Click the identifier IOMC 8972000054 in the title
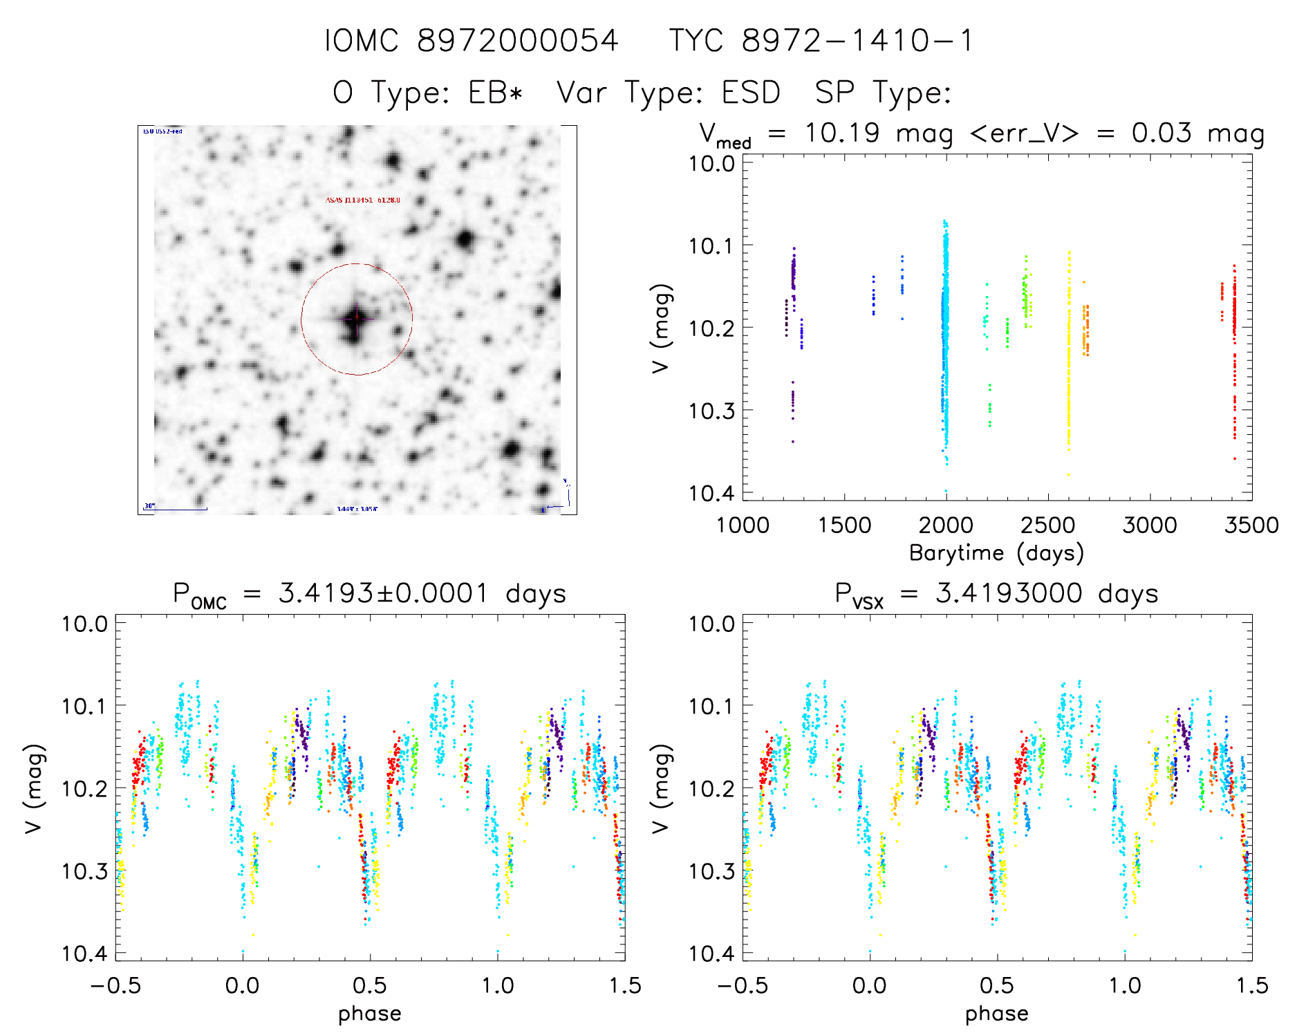tap(472, 41)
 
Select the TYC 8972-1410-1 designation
tap(821, 41)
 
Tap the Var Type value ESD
tap(751, 93)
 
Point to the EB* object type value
tap(496, 93)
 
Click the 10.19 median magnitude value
tap(842, 133)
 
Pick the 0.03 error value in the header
tap(1162, 133)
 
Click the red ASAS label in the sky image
tap(362, 201)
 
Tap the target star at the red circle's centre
tap(356, 318)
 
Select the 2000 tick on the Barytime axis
tap(946, 525)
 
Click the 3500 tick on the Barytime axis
tap(1251, 525)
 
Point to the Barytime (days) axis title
tap(996, 553)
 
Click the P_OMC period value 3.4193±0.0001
tap(383, 593)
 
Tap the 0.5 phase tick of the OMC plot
tap(370, 986)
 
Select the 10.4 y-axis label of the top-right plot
tap(711, 493)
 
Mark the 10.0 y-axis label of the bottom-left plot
tap(84, 624)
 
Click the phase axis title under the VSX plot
tap(996, 1014)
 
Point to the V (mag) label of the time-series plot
tap(661, 328)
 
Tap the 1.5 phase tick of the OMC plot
tap(624, 986)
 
